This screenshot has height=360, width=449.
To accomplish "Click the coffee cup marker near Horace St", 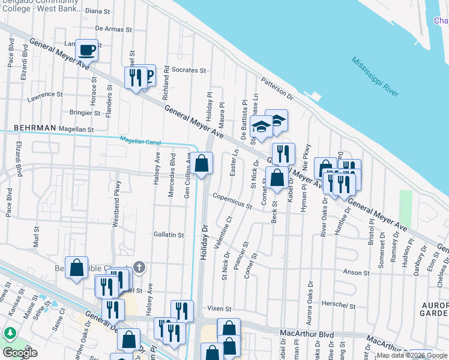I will tap(87, 50).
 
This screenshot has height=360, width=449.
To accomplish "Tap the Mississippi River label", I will tap(375, 77).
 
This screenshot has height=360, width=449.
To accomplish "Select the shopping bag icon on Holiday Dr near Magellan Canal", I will tap(202, 163).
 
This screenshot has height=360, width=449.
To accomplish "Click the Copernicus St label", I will tap(232, 200).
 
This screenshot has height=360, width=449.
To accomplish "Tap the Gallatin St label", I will tap(168, 235).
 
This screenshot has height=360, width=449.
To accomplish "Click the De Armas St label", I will tap(113, 29).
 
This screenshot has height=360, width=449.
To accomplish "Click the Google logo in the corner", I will tap(20, 353).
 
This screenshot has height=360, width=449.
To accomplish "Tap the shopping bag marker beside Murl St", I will tap(77, 268).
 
